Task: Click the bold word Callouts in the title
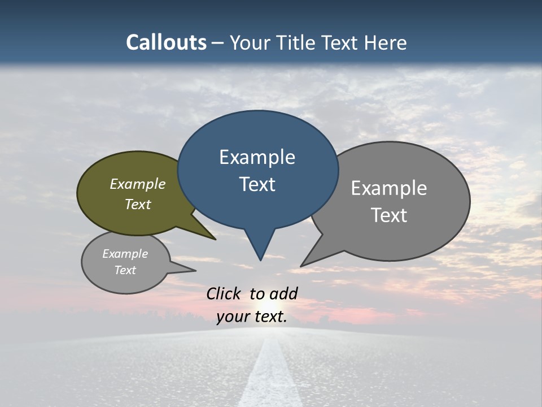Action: (x=166, y=42)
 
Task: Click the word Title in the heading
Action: (x=299, y=42)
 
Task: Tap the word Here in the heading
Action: (x=386, y=42)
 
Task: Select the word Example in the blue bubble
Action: (x=257, y=157)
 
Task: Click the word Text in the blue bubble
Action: (x=257, y=184)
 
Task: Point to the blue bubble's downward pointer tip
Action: (x=260, y=259)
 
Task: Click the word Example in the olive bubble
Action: (x=137, y=184)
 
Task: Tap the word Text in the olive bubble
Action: (x=137, y=204)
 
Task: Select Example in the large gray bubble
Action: (x=388, y=188)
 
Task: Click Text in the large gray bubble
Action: (x=388, y=215)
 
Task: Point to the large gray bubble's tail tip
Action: (x=303, y=265)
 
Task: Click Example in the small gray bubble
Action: (x=125, y=254)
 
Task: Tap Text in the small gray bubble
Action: (x=125, y=270)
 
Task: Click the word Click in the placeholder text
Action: (x=223, y=293)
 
